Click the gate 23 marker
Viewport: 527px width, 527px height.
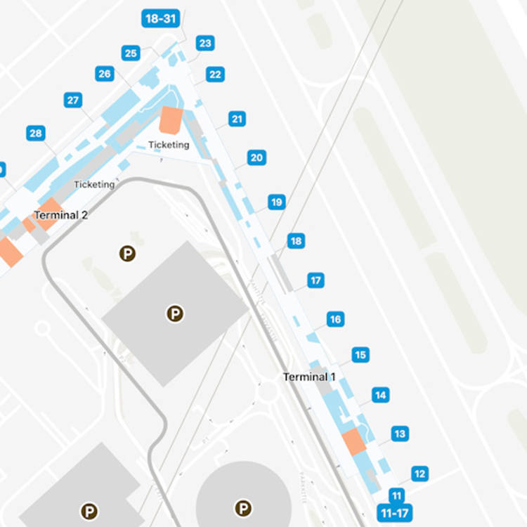204,44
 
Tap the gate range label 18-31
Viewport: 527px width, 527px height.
160,19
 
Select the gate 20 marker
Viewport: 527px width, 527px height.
256,158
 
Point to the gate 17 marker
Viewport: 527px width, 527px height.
315,281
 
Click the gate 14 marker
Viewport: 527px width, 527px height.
380,396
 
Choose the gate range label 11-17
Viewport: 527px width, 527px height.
394,512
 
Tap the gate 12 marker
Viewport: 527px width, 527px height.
419,474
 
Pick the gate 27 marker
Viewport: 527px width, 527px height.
73,100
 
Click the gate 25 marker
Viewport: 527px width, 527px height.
131,53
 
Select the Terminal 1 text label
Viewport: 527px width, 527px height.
309,377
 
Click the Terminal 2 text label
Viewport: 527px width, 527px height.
61,215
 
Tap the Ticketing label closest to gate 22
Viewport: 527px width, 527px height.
169,145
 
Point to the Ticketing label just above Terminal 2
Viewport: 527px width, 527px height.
94,184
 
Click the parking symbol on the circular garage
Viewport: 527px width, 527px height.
243,507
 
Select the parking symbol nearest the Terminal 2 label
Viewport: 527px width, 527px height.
127,254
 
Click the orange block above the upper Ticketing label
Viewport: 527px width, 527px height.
171,120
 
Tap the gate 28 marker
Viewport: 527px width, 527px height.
36,134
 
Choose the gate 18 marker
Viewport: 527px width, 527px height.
296,242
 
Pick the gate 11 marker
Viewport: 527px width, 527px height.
397,495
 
